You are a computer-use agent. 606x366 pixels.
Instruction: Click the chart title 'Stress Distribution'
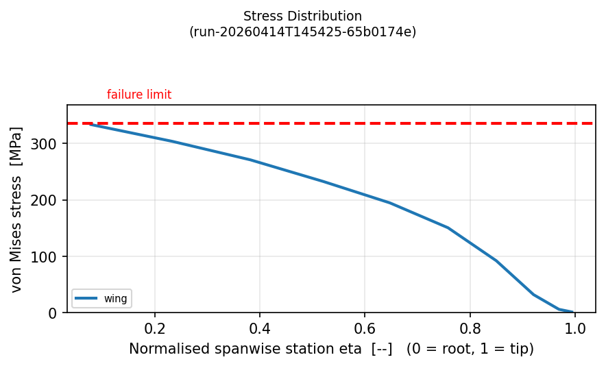tap(302, 16)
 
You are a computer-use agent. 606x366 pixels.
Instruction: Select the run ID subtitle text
tap(302, 32)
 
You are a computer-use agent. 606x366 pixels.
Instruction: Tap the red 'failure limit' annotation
tap(139, 95)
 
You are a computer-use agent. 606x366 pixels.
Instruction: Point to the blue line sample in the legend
tap(86, 298)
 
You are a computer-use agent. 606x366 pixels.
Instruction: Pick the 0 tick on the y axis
tap(58, 313)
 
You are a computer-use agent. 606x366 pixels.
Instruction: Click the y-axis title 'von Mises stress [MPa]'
tap(16, 209)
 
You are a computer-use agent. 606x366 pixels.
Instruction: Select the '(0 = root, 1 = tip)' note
tap(470, 349)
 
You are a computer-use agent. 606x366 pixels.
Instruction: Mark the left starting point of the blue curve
tap(90, 124)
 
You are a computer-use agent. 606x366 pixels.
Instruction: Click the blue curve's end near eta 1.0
tap(572, 312)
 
